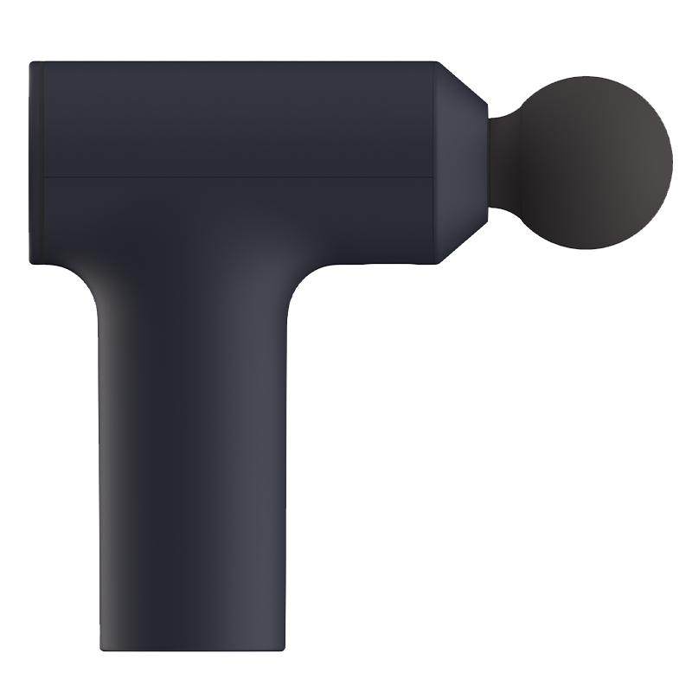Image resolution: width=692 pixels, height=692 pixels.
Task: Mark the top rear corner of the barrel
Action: coord(33,63)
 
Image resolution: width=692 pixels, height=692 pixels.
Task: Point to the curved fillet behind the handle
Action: coord(91,281)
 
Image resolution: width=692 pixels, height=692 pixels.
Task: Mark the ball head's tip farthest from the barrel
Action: coord(672,161)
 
